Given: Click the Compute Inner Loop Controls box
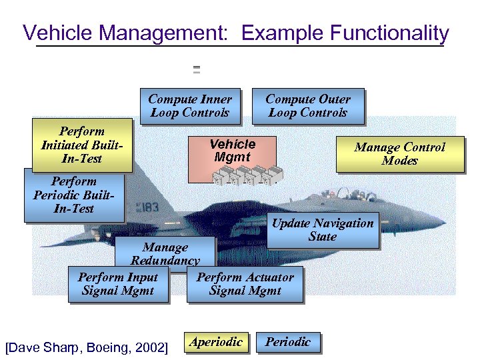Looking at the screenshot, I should coord(190,106).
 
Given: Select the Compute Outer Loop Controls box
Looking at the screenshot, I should coord(308,106).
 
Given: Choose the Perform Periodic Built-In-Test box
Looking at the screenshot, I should coord(73,195).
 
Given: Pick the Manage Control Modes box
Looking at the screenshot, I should coord(399,154).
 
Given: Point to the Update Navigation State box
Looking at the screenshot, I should coord(323,230).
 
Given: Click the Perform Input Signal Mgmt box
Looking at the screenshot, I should coord(118,284).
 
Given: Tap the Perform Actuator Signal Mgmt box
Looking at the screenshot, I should coord(245,284).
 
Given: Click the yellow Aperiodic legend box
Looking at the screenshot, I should coord(216,342).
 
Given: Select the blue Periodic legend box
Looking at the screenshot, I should coord(288,342).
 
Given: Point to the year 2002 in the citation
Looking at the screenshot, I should coord(149,347).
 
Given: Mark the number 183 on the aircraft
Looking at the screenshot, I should coord(149,207).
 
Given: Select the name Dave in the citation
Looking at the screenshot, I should coord(23,347).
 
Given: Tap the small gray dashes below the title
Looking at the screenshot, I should coord(197,69).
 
